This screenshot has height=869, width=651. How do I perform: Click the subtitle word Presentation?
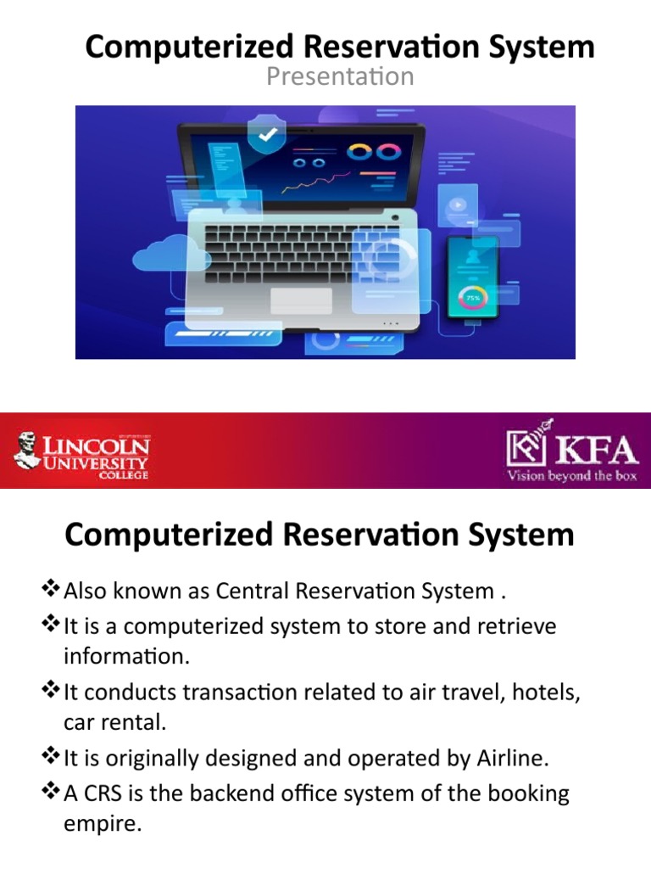(340, 76)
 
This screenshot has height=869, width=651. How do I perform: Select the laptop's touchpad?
(301, 300)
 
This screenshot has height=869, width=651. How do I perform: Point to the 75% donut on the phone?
(472, 298)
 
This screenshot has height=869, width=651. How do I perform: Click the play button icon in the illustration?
(458, 205)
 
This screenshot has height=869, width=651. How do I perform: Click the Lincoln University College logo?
(81, 451)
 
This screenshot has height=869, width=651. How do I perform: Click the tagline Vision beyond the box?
(571, 475)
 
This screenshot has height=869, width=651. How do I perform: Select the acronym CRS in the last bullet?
(100, 793)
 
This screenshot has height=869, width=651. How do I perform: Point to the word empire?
(101, 823)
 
